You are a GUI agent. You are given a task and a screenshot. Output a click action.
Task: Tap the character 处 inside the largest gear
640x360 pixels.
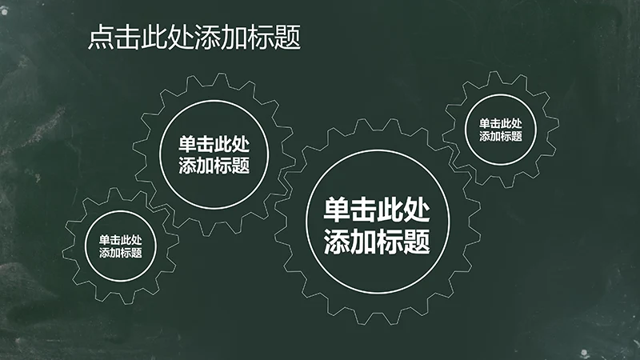(417, 211)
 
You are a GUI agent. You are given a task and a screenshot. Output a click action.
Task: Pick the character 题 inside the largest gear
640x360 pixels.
(417, 241)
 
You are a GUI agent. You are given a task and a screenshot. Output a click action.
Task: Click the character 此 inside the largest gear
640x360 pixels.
(390, 211)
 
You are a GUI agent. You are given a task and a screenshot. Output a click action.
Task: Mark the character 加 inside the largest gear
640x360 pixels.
(364, 241)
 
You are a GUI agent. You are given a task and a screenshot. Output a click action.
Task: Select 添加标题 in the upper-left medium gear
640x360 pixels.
(214, 166)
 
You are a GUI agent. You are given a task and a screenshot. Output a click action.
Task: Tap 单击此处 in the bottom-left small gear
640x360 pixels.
(121, 239)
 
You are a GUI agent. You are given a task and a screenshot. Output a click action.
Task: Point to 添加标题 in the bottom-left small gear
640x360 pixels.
(121, 253)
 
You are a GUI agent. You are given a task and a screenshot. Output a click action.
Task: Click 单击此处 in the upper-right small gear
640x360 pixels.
(501, 123)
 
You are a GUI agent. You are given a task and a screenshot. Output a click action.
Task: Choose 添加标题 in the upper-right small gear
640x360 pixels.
(501, 136)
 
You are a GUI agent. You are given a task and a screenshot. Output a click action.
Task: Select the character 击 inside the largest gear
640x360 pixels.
(364, 211)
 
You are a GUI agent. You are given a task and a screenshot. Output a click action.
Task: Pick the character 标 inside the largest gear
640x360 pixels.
(390, 241)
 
